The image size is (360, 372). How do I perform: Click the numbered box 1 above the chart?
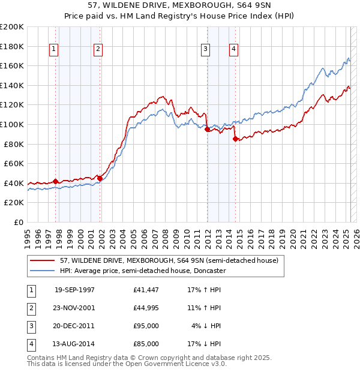(55, 50)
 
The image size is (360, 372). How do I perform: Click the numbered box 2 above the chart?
(98, 50)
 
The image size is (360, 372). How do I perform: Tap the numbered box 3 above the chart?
(205, 50)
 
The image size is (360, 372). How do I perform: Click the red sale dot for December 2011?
(207, 129)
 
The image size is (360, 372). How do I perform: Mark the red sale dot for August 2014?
(235, 139)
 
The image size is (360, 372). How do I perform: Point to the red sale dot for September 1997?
(56, 181)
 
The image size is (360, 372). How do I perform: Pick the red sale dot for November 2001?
(100, 178)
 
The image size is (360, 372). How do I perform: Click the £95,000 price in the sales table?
(146, 327)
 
